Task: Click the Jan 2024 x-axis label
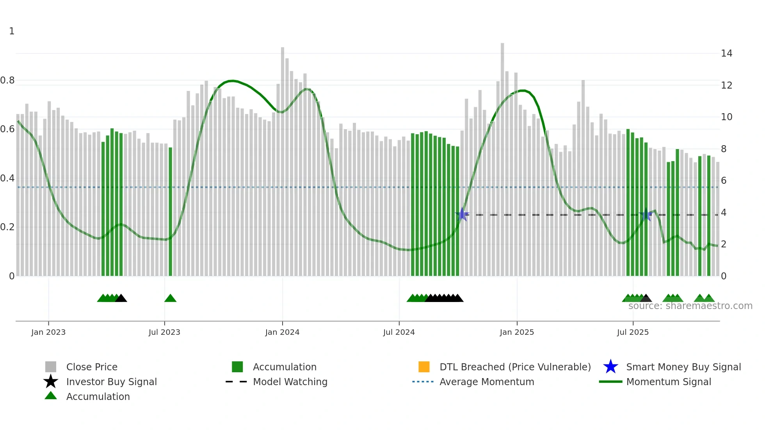(x=282, y=332)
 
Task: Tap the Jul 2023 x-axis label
(x=164, y=332)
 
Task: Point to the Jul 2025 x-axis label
(x=633, y=332)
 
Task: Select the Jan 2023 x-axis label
(x=48, y=332)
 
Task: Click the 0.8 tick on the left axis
(x=7, y=80)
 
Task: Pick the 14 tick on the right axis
(x=726, y=53)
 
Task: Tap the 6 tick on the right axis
(x=724, y=181)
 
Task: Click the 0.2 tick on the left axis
(x=7, y=227)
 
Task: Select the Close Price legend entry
(x=92, y=367)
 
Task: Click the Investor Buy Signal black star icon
(x=51, y=382)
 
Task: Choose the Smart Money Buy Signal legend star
(x=610, y=367)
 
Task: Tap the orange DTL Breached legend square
(x=424, y=367)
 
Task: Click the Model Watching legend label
(x=290, y=382)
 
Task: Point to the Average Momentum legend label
(x=487, y=382)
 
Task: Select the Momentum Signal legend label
(x=669, y=382)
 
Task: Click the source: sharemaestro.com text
(x=690, y=306)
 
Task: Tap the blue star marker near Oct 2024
(x=462, y=214)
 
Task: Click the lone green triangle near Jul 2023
(x=170, y=298)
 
